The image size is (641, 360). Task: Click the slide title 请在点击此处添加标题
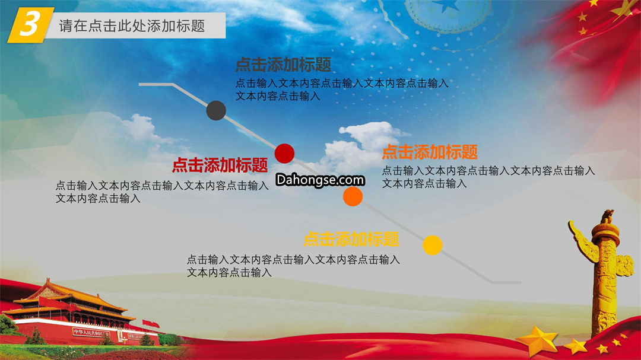click(x=132, y=26)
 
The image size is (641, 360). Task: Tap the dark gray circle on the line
click(x=216, y=110)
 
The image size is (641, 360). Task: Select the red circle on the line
click(x=284, y=154)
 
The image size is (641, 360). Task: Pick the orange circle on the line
click(x=353, y=196)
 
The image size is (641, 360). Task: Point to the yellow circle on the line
click(x=433, y=245)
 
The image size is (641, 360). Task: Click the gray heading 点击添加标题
click(x=283, y=65)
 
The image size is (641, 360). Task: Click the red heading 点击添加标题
click(x=220, y=165)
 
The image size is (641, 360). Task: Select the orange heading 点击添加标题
click(x=430, y=152)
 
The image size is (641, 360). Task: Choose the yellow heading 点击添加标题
click(x=351, y=239)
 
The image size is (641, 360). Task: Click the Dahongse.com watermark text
click(x=320, y=180)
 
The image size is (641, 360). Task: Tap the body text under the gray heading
click(x=342, y=90)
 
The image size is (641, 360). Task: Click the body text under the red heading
click(x=162, y=192)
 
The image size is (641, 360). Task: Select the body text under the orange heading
click(x=488, y=177)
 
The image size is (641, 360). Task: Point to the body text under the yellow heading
click(x=293, y=266)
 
